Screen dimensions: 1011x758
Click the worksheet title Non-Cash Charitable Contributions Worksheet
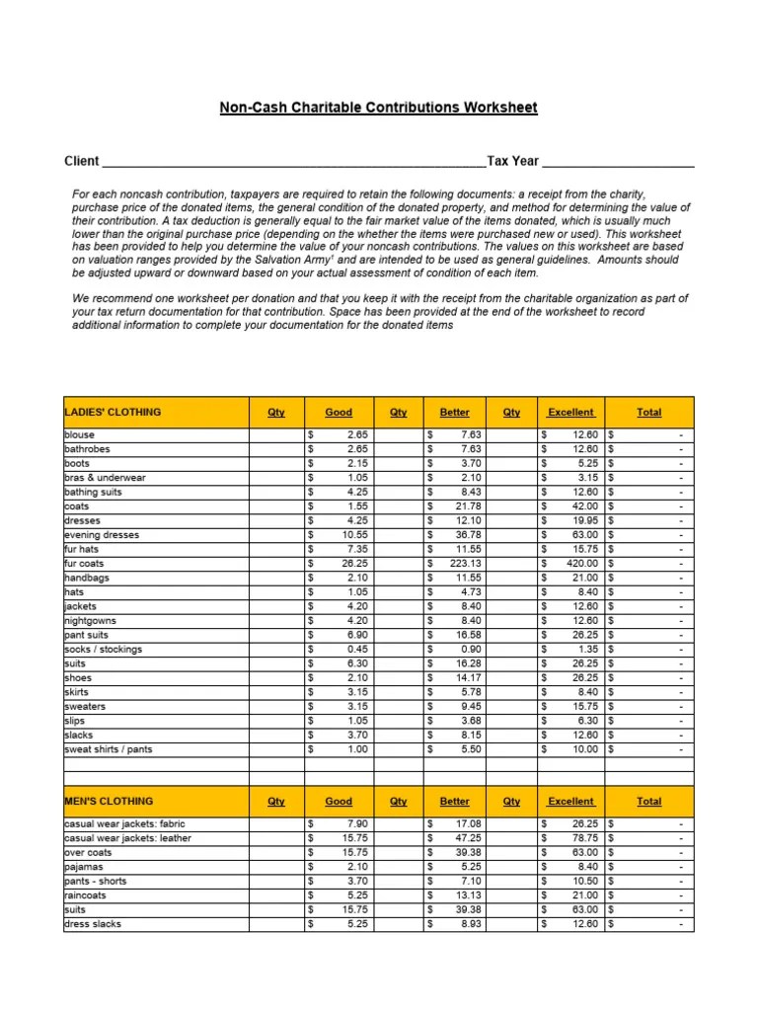[x=379, y=107]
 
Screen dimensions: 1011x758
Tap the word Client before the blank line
[x=82, y=161]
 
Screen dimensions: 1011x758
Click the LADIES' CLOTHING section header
[x=113, y=412]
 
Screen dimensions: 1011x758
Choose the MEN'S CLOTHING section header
[x=109, y=801]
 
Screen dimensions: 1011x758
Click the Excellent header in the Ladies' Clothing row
[x=570, y=412]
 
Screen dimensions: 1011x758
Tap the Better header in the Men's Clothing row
[x=454, y=801]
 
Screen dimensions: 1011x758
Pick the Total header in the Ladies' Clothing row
[x=648, y=412]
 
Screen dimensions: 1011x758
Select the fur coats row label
[x=85, y=563]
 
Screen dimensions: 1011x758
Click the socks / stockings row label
[x=103, y=649]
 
